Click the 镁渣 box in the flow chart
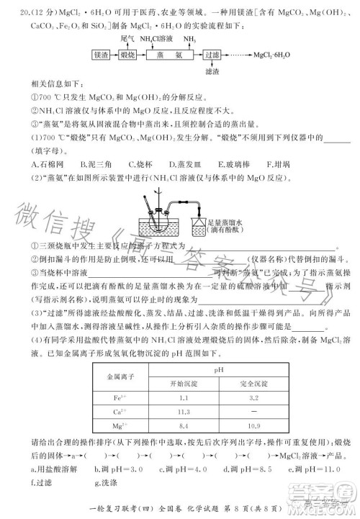click(101, 55)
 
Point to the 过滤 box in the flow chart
click(212, 55)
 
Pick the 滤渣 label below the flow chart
click(212, 72)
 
